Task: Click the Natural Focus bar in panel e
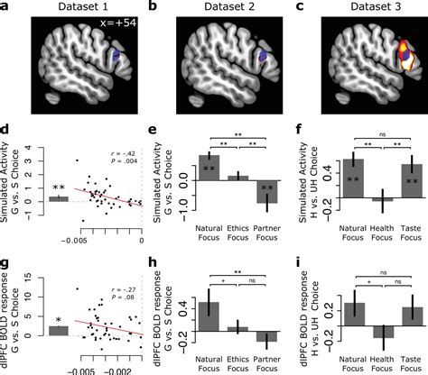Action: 209,168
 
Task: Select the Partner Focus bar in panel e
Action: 266,192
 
